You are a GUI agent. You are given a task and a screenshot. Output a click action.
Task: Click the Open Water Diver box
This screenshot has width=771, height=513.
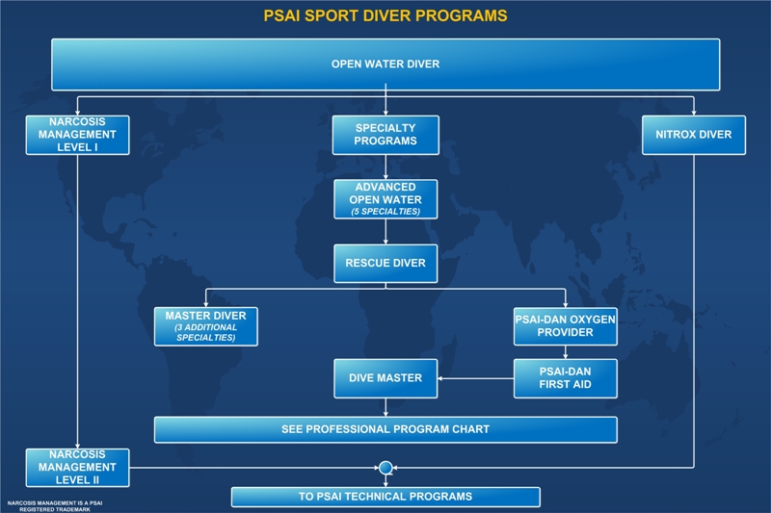pyautogui.click(x=385, y=64)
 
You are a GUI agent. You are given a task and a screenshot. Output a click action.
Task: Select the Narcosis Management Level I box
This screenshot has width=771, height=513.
pyautogui.click(x=78, y=135)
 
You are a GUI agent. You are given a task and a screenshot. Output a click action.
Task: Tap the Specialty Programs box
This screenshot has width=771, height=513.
pyautogui.click(x=385, y=135)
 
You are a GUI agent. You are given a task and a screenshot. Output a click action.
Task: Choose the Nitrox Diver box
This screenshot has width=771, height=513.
pyautogui.click(x=694, y=135)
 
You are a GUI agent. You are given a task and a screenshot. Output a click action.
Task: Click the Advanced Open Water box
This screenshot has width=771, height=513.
pyautogui.click(x=385, y=199)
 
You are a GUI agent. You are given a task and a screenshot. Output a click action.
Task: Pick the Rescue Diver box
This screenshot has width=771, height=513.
pyautogui.click(x=385, y=264)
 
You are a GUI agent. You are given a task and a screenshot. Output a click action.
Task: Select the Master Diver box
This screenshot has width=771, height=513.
pyautogui.click(x=206, y=327)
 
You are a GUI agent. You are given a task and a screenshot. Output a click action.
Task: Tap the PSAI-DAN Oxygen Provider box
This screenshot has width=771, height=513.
pyautogui.click(x=566, y=326)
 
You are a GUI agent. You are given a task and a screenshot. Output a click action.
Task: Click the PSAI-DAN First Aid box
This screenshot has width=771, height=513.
pyautogui.click(x=566, y=378)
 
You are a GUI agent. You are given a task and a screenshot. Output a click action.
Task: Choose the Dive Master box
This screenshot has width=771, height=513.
pyautogui.click(x=385, y=378)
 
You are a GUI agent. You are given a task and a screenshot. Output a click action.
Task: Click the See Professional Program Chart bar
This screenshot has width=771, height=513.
pyautogui.click(x=385, y=430)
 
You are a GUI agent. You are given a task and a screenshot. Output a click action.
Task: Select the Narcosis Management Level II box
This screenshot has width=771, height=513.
pyautogui.click(x=78, y=468)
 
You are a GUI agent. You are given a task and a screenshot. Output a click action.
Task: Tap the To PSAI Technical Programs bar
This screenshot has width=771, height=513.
pyautogui.click(x=385, y=497)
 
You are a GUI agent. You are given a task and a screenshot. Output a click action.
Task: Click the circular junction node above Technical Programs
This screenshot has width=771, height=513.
pyautogui.click(x=385, y=468)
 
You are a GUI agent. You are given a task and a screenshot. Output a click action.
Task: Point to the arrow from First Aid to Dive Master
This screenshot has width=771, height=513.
pyautogui.click(x=475, y=378)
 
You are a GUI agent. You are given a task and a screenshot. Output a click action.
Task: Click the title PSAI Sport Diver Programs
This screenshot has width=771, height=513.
pyautogui.click(x=385, y=15)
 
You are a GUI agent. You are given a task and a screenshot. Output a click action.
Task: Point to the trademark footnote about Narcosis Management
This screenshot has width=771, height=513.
pyautogui.click(x=55, y=506)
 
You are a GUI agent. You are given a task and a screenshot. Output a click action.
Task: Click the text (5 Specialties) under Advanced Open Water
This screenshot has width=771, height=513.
pyautogui.click(x=385, y=212)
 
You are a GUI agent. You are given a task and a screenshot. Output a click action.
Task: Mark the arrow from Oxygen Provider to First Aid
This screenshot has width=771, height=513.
pyautogui.click(x=566, y=352)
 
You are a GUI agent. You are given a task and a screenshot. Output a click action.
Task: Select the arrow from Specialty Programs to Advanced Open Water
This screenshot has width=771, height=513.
pyautogui.click(x=385, y=167)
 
